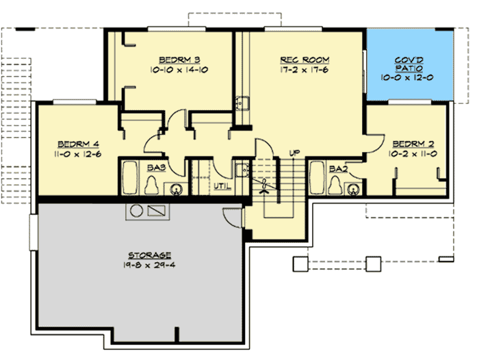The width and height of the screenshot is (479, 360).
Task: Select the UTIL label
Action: pyautogui.click(x=222, y=185)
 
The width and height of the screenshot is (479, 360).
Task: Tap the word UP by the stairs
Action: pyautogui.click(x=294, y=153)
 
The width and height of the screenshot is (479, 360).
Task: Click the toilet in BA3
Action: pyautogui.click(x=155, y=187)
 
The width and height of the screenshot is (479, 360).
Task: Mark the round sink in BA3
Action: pyautogui.click(x=176, y=189)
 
